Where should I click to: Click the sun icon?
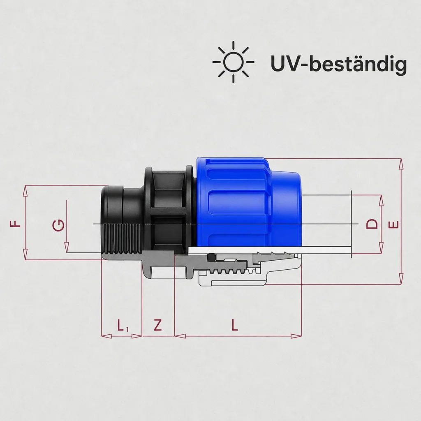pos(233,62)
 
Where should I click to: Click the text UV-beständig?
pos(339,64)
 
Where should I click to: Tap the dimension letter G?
pos(58,225)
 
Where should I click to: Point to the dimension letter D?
pos(372,224)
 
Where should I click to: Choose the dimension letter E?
pos(393,224)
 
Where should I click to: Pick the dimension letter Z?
pos(158,325)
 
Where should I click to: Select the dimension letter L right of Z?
pos(234,325)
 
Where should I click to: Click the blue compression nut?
pos(248,201)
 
